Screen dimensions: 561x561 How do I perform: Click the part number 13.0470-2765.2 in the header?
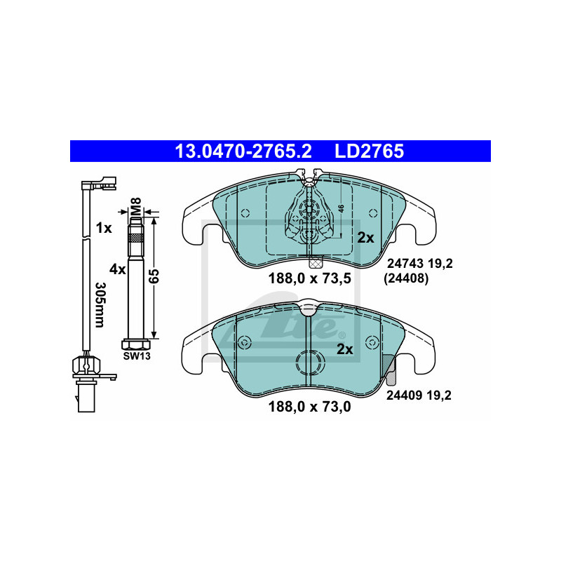[243, 151]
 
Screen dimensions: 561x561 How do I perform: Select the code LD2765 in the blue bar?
[370, 151]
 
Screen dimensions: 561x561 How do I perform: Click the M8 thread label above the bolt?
[136, 206]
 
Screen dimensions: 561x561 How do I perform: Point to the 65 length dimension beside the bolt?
[154, 276]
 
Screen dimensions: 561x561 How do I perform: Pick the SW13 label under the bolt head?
[137, 356]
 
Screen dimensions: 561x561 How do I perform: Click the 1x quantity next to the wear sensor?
[104, 228]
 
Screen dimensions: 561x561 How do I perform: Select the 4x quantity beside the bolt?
[118, 269]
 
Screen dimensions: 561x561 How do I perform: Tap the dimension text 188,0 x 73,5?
[310, 278]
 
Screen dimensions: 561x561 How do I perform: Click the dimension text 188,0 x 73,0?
[310, 407]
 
